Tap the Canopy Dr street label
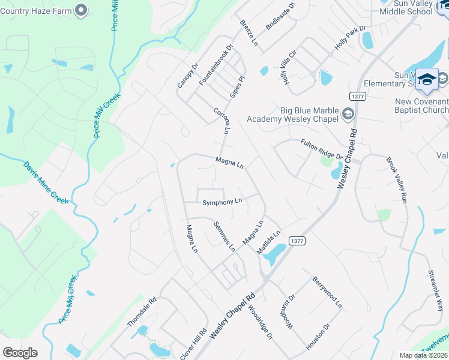click(x=187, y=76)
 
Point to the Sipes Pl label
click(x=238, y=87)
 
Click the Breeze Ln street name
click(x=249, y=34)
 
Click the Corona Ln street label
click(x=221, y=121)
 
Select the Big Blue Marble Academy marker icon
click(x=348, y=113)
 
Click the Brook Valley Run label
click(x=397, y=181)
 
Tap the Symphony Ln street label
click(x=222, y=202)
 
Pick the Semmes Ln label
click(x=224, y=236)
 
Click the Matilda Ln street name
click(x=269, y=242)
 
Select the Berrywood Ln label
click(x=327, y=292)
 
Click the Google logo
click(x=20, y=353)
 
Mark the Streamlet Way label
click(x=435, y=293)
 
